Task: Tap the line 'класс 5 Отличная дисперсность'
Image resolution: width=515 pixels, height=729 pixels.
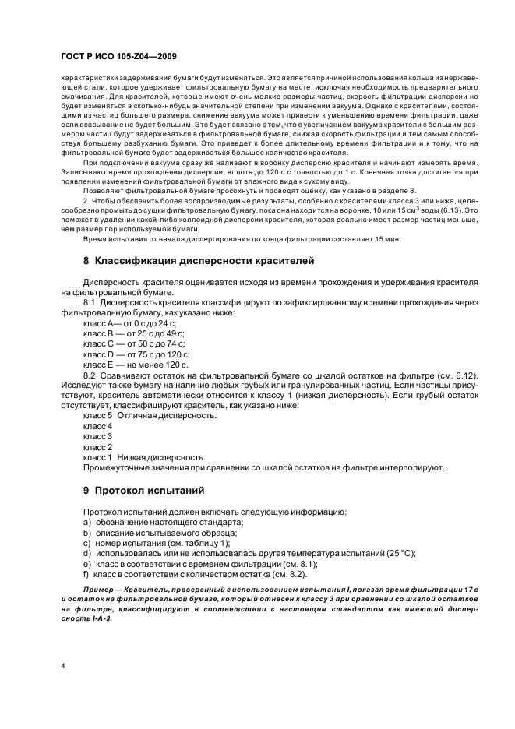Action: tap(150, 416)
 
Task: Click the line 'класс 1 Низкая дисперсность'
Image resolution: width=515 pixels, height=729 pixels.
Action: tap(145, 457)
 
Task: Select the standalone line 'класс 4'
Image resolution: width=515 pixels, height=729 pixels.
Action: tap(97, 427)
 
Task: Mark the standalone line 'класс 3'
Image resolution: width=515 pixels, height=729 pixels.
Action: tap(97, 437)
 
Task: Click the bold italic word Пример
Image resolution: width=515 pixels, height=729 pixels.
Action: tap(99, 589)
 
